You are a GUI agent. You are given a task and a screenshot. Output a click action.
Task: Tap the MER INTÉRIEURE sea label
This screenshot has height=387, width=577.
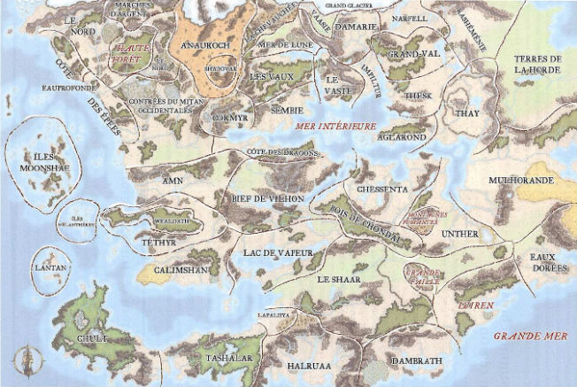(x=334, y=127)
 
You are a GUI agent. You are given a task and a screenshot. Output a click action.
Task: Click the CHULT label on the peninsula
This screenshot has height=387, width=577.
(x=91, y=338)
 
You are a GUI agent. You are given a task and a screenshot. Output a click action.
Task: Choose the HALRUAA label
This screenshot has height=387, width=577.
(x=308, y=365)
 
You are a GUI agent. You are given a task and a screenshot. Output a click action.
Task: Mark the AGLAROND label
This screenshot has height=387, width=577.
(x=403, y=138)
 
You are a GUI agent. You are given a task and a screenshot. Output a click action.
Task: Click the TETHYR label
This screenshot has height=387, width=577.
(x=159, y=240)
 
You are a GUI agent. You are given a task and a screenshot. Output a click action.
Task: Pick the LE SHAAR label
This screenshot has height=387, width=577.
(x=335, y=279)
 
